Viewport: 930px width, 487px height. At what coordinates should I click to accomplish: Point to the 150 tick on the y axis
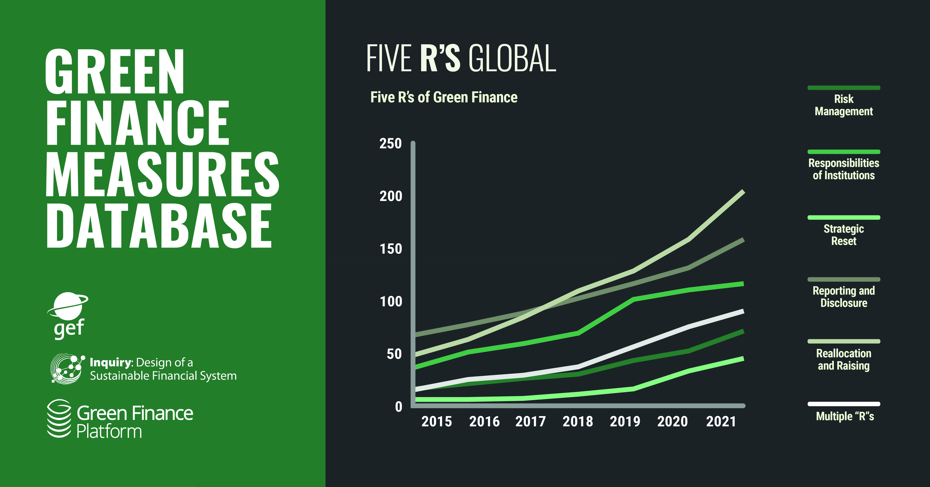(391, 249)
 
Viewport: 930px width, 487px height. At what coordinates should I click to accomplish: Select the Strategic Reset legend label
(844, 235)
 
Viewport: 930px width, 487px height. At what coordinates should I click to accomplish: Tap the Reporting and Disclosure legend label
(844, 297)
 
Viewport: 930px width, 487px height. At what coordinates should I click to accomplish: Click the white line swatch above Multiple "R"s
(844, 404)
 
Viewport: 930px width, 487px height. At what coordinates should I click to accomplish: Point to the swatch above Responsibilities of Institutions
(844, 152)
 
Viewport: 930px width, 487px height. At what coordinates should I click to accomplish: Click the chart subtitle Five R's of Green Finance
(444, 97)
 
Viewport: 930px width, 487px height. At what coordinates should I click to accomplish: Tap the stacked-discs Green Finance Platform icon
(59, 418)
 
